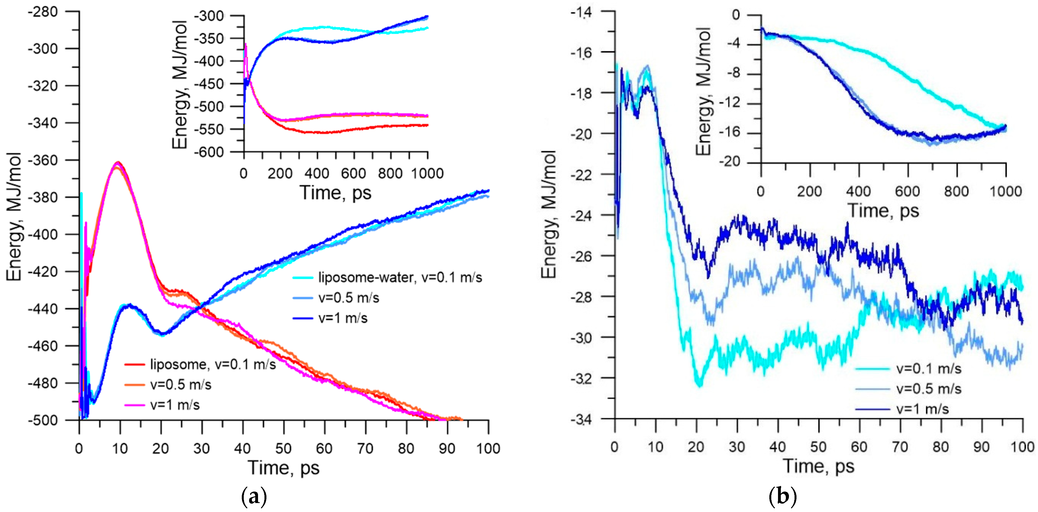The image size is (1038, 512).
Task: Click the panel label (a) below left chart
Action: pyautogui.click(x=254, y=497)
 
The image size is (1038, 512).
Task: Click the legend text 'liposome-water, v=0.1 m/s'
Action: pyautogui.click(x=400, y=277)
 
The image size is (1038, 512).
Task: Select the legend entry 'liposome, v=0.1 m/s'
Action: pyautogui.click(x=213, y=364)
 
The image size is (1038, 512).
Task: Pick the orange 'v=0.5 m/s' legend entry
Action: pyautogui.click(x=180, y=385)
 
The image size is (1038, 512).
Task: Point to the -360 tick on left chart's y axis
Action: pyautogui.click(x=43, y=160)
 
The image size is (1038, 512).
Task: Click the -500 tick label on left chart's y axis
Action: pyautogui.click(x=43, y=420)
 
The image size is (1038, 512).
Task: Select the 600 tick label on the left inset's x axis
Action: pyautogui.click(x=353, y=173)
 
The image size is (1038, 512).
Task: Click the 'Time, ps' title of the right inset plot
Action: pyautogui.click(x=883, y=210)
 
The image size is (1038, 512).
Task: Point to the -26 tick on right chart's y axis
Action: pyautogui.click(x=581, y=256)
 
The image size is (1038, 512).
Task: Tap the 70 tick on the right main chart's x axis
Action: pyautogui.click(x=900, y=447)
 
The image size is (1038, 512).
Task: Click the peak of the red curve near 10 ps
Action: pyautogui.click(x=118, y=162)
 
